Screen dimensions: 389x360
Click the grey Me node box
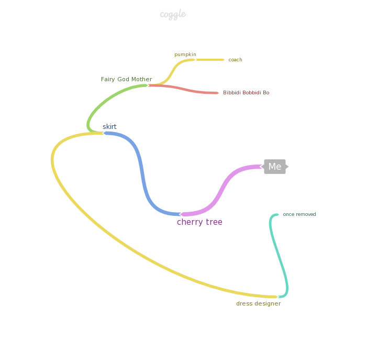point(275,167)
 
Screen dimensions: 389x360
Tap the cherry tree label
point(199,222)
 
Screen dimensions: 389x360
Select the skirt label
point(109,127)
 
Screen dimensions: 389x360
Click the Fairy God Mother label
point(126,80)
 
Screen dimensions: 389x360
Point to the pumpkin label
point(185,54)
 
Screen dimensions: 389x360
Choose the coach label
point(235,60)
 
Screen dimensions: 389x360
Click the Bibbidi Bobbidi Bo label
point(246,93)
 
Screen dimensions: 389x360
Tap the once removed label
point(299,214)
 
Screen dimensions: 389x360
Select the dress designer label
point(258,304)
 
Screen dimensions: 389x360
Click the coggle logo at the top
point(173,15)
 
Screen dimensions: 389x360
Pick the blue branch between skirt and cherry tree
point(142,173)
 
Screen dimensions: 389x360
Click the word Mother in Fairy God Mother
point(141,80)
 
